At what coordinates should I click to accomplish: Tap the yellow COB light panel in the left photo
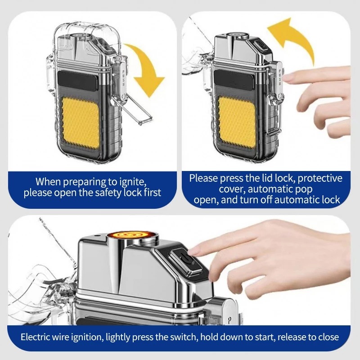pos(80,122)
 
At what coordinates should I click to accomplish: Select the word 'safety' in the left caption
pos(105,193)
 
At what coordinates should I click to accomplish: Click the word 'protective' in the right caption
pos(320,178)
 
